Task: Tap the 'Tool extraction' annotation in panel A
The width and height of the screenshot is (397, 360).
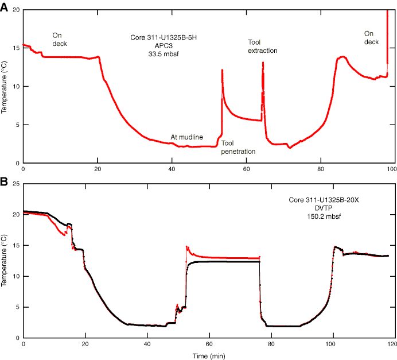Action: [x=263, y=47]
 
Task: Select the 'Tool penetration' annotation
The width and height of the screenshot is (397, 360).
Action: [x=238, y=147]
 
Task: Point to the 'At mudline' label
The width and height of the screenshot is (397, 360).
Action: [x=186, y=137]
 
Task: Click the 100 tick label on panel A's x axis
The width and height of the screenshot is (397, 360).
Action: [x=392, y=171]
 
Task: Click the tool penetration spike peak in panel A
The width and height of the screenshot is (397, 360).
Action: [x=222, y=70]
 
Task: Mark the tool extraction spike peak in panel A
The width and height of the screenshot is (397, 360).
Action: [x=263, y=62]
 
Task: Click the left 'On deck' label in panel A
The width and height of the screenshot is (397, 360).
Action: [x=60, y=39]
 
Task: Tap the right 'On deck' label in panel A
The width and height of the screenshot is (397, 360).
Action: [x=372, y=38]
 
